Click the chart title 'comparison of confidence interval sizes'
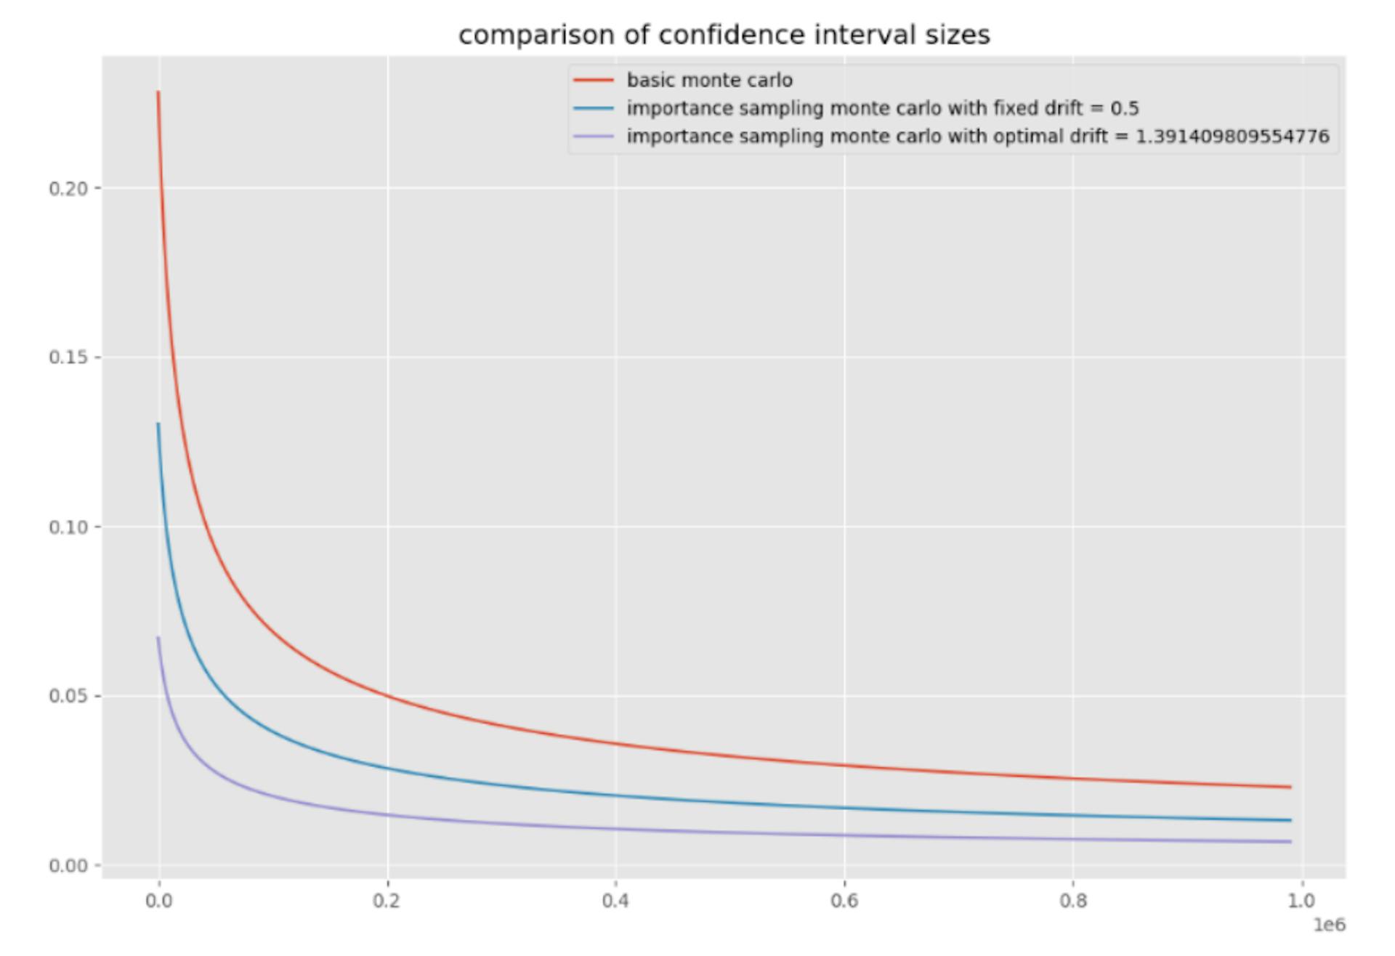(x=724, y=35)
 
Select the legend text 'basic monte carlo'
(x=709, y=80)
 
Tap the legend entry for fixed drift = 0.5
(x=882, y=108)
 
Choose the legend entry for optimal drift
(x=977, y=137)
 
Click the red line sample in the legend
(x=594, y=80)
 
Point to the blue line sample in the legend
(x=594, y=108)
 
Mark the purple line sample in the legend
(x=594, y=137)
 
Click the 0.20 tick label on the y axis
(x=68, y=188)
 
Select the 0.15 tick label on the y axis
(x=68, y=357)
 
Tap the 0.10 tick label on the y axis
(x=68, y=527)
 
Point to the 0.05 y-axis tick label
(x=68, y=696)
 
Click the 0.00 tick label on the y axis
(x=68, y=865)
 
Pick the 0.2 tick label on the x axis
(x=387, y=901)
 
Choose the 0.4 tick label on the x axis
(x=615, y=901)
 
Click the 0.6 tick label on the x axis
(x=844, y=901)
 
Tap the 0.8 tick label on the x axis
(x=1073, y=901)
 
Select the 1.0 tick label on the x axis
(x=1301, y=901)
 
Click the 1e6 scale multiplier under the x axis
(x=1329, y=925)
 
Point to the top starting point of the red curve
(x=158, y=92)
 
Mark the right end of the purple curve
(x=1290, y=842)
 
